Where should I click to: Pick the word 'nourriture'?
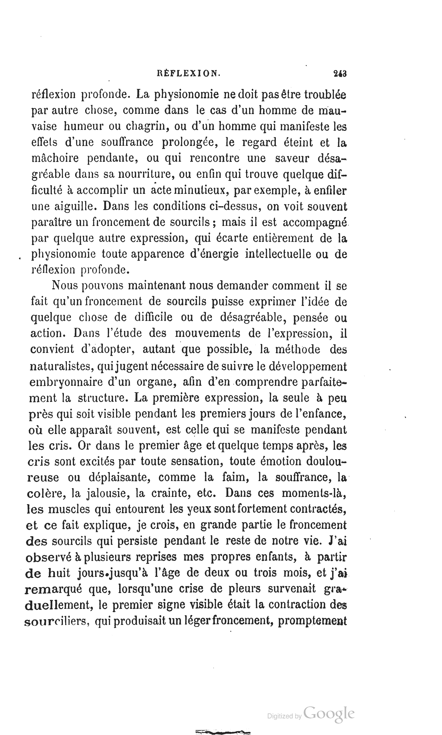146,174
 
